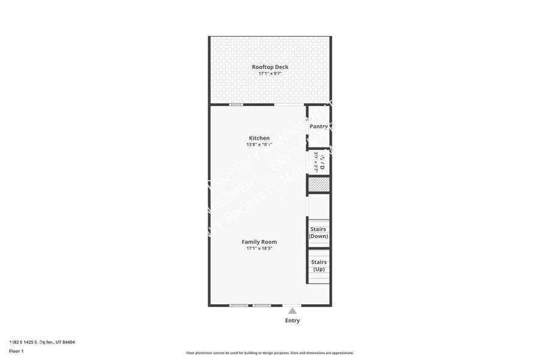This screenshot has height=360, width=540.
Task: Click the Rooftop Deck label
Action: (270, 67)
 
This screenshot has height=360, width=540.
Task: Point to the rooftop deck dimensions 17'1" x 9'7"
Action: (270, 74)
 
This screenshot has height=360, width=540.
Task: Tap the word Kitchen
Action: (259, 138)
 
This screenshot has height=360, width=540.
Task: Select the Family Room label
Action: (259, 242)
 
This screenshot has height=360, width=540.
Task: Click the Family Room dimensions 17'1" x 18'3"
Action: (259, 248)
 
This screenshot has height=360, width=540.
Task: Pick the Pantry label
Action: (319, 126)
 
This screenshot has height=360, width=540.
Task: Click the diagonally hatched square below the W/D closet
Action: (319, 185)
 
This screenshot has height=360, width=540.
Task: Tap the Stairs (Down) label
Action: (318, 232)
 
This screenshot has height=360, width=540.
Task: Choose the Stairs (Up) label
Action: (319, 265)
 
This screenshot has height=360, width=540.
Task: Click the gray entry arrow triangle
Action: (292, 311)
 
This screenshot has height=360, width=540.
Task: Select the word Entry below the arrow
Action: (292, 320)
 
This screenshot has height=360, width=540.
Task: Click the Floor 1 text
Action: (16, 351)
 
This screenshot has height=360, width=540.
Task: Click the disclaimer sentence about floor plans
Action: (270, 353)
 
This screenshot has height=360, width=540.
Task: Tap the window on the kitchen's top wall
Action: (236, 104)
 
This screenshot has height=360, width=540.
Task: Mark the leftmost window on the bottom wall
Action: (239, 305)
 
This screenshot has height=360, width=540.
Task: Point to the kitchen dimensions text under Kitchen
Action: (259, 145)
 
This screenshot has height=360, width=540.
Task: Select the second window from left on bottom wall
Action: (262, 305)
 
